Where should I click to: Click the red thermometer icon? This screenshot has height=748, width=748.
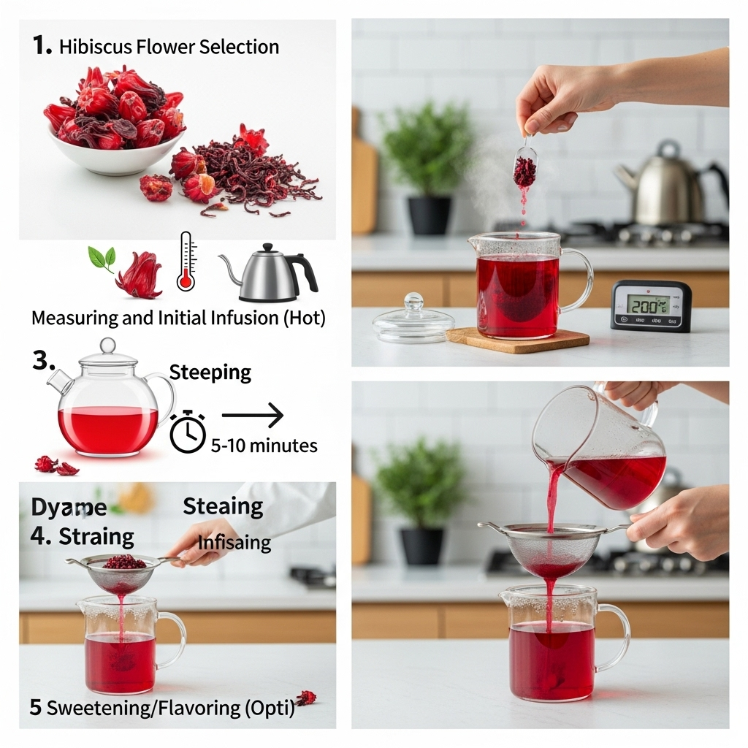tap(186, 262)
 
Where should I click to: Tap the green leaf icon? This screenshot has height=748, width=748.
tap(102, 259)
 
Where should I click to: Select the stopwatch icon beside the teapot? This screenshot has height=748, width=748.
tap(188, 432)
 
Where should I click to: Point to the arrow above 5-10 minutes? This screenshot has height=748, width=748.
tap(252, 416)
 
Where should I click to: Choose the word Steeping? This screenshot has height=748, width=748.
tap(210, 373)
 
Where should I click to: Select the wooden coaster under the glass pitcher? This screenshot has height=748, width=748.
tap(517, 338)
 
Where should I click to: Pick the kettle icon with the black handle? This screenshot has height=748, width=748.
tap(270, 274)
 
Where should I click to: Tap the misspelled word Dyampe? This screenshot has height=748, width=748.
tap(69, 507)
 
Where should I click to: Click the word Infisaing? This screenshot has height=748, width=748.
tap(234, 543)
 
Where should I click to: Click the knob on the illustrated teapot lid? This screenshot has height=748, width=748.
tap(108, 345)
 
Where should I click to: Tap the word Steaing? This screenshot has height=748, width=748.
tap(223, 505)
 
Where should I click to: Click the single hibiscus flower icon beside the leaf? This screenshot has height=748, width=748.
tap(139, 275)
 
